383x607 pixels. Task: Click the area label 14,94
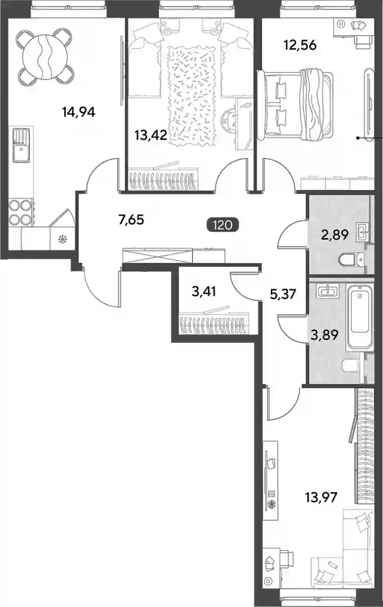(x=79, y=112)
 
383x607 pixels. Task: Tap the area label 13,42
(x=150, y=135)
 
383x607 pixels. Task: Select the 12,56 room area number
(x=300, y=45)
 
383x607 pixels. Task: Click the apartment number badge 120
(x=223, y=225)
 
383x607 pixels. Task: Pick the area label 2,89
(x=335, y=235)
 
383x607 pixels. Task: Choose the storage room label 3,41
(x=203, y=292)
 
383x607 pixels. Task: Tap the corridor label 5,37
(x=283, y=294)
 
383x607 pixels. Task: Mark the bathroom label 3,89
(x=325, y=335)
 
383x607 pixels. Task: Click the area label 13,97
(x=321, y=497)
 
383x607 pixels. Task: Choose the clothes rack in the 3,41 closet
(x=214, y=323)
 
